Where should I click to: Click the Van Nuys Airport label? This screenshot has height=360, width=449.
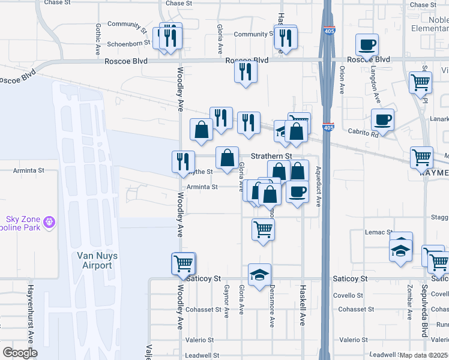tap(95, 260)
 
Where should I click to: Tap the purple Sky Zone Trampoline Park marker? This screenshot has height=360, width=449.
tap(49, 222)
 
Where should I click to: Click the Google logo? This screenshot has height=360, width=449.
tap(20, 353)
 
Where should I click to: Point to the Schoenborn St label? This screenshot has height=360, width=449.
tap(128, 44)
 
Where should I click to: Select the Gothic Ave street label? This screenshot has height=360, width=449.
tap(97, 40)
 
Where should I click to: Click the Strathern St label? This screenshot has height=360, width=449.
tap(271, 156)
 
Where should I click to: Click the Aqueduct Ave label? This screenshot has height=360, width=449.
tap(318, 187)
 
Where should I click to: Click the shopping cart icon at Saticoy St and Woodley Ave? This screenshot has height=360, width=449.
tap(183, 263)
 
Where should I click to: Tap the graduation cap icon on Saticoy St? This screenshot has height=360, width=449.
tap(259, 274)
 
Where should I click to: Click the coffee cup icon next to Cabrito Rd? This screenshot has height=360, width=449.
tap(382, 119)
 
